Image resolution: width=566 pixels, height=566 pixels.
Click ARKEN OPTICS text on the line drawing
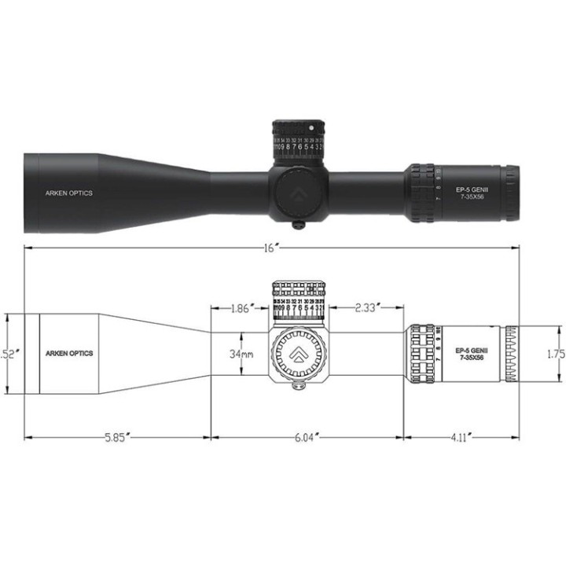[69, 354]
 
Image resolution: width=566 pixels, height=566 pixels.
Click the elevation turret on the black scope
[299, 140]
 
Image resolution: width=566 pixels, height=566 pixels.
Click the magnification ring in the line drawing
[422, 354]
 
